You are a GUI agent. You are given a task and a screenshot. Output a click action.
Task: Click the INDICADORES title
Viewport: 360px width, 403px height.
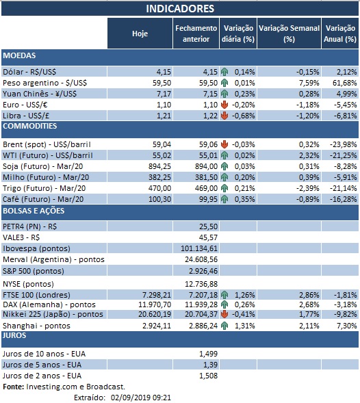tap(180, 8)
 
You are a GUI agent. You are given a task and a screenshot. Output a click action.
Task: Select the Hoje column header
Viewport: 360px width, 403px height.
tap(139, 34)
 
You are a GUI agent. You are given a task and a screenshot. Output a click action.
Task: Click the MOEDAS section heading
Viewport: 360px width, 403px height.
tap(19, 55)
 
